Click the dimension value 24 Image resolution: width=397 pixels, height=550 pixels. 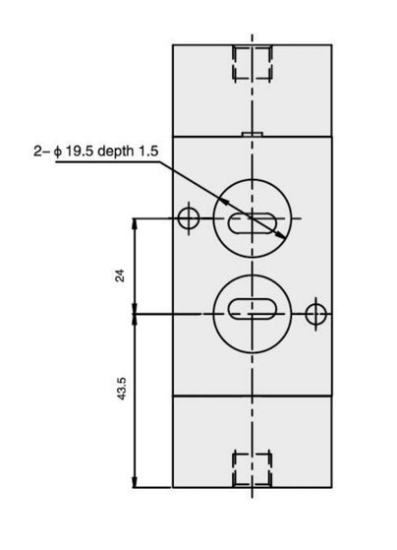click(120, 275)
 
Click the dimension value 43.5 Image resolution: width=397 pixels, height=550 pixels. click(121, 389)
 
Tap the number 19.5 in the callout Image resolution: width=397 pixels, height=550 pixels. click(81, 152)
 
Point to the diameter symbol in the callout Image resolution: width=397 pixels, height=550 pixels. click(58, 152)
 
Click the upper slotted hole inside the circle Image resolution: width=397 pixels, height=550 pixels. click(253, 223)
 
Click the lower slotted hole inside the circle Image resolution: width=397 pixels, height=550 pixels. click(253, 309)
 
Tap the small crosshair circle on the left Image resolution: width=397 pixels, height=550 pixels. click(189, 218)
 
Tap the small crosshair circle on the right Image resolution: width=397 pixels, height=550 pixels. click(316, 314)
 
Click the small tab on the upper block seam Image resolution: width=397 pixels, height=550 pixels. click(253, 134)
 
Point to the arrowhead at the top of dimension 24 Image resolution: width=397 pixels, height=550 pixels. click(135, 223)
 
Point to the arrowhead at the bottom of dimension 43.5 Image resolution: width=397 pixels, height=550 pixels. click(135, 482)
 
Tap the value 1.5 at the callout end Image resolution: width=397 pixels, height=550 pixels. click(148, 152)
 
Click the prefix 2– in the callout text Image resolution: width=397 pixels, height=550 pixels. click(42, 152)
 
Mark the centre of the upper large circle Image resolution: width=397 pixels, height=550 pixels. click(253, 218)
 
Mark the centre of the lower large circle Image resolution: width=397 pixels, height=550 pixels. click(253, 314)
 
